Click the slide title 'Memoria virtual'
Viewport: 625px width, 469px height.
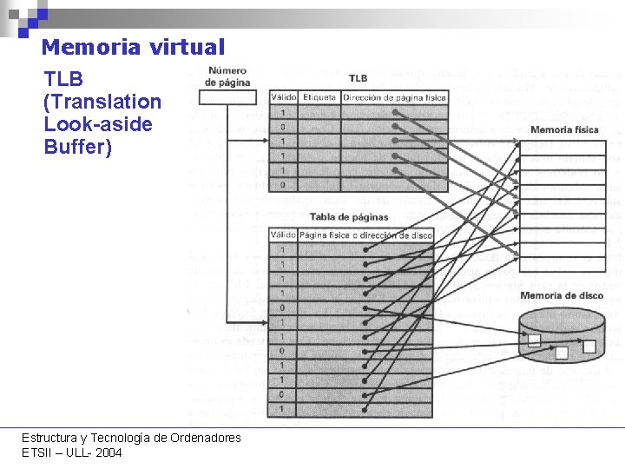coord(133,47)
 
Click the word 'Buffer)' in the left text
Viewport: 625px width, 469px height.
coord(78,147)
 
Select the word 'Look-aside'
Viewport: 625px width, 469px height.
coord(97,124)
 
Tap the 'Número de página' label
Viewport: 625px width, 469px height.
coord(227,76)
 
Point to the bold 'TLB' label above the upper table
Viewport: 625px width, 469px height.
coord(358,79)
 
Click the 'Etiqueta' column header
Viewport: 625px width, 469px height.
coord(319,97)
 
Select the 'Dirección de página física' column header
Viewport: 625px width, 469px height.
coord(394,97)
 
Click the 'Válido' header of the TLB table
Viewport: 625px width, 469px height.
coord(284,97)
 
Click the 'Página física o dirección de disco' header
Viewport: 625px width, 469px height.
coord(365,235)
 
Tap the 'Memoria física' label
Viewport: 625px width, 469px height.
coord(564,129)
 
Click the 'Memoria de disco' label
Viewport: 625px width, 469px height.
coord(562,296)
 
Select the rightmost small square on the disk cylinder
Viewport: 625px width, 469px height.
coord(589,346)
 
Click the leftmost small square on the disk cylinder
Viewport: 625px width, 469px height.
coord(535,340)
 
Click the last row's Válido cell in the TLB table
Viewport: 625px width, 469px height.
coord(284,184)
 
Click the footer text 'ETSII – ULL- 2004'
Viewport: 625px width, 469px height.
coord(72,452)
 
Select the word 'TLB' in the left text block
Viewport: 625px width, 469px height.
coord(63,80)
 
